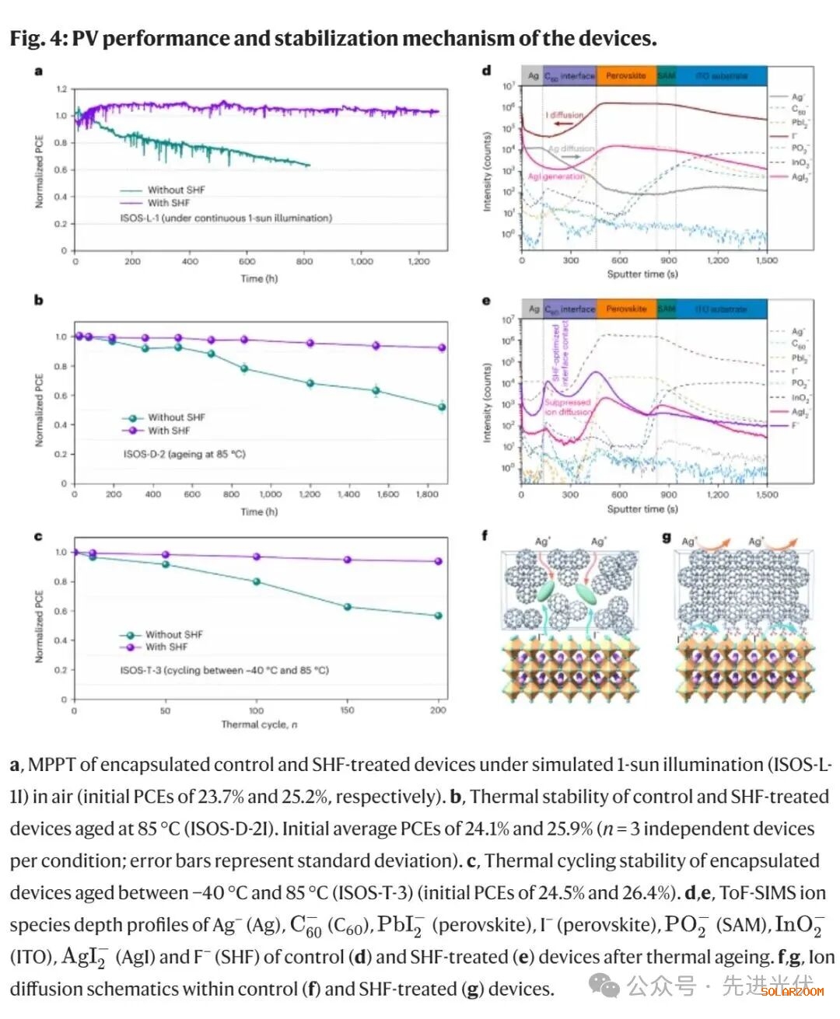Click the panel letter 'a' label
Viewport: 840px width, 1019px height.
coord(38,72)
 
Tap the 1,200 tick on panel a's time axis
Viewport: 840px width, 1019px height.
coord(418,262)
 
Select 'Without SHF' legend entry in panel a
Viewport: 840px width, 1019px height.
coord(176,190)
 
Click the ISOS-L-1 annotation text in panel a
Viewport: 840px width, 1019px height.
coord(226,218)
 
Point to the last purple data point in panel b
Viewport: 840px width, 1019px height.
coord(442,347)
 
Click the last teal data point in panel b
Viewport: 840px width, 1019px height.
coord(442,406)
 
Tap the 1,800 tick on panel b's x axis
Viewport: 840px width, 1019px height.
coord(427,494)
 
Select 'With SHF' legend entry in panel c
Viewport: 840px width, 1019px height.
coord(166,647)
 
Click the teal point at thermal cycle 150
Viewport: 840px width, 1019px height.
coord(348,606)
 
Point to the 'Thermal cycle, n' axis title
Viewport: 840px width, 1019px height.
coord(259,724)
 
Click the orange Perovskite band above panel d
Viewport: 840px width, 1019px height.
coord(626,76)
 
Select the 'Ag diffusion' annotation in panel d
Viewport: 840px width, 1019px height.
coord(571,148)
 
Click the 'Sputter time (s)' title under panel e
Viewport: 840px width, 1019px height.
coord(642,509)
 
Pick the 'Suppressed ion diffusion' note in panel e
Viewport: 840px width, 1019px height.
coord(568,407)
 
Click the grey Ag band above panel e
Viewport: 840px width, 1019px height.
coord(533,309)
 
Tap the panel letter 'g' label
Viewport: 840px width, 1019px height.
coord(667,538)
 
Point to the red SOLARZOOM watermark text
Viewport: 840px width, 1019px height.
coord(792,992)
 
